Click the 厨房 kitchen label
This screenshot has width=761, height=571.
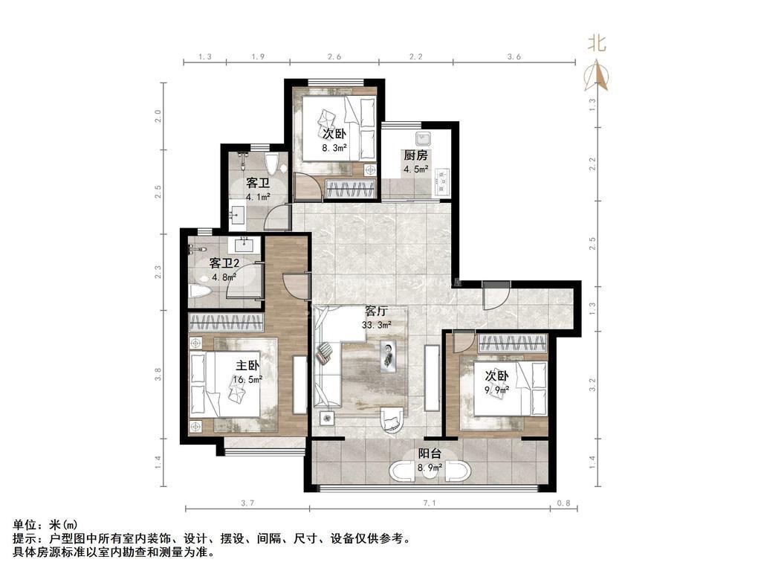pyautogui.click(x=416, y=155)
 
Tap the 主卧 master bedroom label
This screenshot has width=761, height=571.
pyautogui.click(x=247, y=366)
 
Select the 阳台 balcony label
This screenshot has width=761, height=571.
pyautogui.click(x=430, y=454)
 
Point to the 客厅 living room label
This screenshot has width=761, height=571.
pyautogui.click(x=377, y=311)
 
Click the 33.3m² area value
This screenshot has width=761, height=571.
pyautogui.click(x=377, y=325)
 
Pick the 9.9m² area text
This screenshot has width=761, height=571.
pyautogui.click(x=496, y=390)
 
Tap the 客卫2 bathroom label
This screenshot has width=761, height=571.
pyautogui.click(x=224, y=264)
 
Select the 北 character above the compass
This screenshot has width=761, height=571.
pyautogui.click(x=597, y=42)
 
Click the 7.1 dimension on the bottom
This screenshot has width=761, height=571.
pyautogui.click(x=430, y=503)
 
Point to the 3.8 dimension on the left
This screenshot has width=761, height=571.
pyautogui.click(x=158, y=375)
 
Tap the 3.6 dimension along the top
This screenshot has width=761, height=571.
pyautogui.click(x=514, y=57)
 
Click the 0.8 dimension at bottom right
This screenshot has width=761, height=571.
pyautogui.click(x=564, y=503)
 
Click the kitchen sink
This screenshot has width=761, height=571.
pyautogui.click(x=423, y=138)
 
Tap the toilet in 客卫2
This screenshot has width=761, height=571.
pyautogui.click(x=199, y=291)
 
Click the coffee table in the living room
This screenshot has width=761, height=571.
pyautogui.click(x=388, y=357)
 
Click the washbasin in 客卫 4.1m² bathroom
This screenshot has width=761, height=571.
pyautogui.click(x=238, y=213)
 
